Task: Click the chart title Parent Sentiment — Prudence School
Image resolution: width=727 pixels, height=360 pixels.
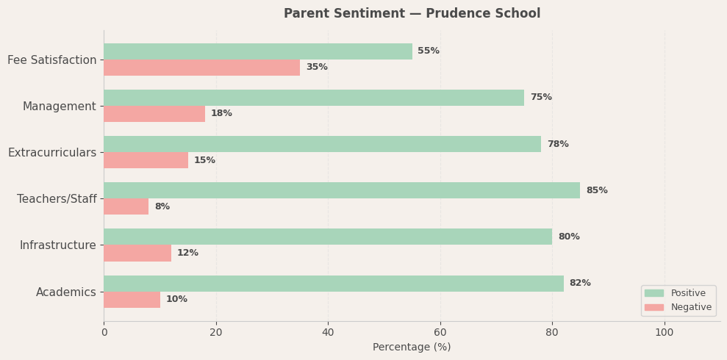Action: click(x=412, y=14)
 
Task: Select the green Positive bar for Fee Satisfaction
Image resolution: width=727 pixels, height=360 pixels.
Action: click(x=257, y=51)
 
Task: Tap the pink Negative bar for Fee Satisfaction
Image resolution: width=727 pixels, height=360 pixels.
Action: click(x=201, y=68)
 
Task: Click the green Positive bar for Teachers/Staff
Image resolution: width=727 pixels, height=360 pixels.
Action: click(x=341, y=190)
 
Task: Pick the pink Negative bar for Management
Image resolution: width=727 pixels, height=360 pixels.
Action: click(x=154, y=114)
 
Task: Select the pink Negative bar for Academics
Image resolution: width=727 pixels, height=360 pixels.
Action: click(x=132, y=300)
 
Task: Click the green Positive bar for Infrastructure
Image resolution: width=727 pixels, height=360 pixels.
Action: click(x=327, y=237)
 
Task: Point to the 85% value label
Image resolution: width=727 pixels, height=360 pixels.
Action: click(x=596, y=190)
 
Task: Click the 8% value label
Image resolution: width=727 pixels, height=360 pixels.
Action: click(x=162, y=206)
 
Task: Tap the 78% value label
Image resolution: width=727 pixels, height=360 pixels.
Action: click(x=557, y=144)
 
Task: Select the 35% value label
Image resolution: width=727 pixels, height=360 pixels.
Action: click(x=316, y=68)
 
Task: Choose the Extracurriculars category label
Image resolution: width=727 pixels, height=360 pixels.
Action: click(x=52, y=153)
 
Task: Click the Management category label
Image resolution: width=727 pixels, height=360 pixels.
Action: click(x=60, y=107)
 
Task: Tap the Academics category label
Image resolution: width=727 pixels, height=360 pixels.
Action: click(x=66, y=292)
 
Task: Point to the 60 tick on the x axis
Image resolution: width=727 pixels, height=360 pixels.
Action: click(x=440, y=333)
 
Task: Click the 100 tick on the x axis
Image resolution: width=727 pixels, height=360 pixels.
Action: click(x=665, y=333)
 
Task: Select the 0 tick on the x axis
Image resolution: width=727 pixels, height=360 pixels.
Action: click(x=104, y=333)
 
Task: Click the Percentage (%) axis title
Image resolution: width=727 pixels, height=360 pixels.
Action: click(x=412, y=348)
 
